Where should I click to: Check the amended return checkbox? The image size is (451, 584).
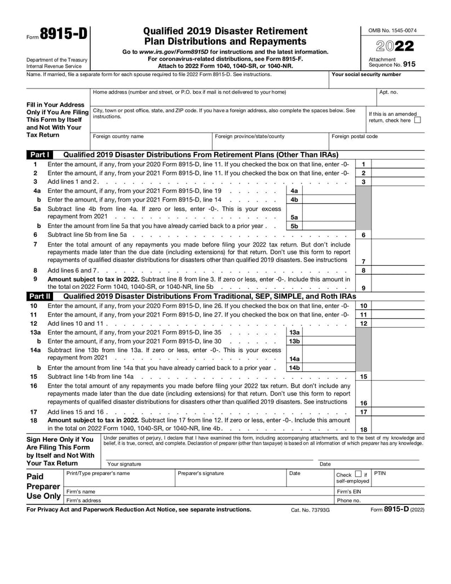pos(417,120)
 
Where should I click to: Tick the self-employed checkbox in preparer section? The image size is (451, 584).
pos(358,475)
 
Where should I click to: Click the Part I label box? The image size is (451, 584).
pos(39,155)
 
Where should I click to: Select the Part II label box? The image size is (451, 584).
pos(39,296)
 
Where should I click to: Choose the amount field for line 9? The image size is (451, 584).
pos(397,287)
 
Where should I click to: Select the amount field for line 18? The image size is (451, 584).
pos(397,429)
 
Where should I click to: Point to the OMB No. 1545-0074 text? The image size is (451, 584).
pos(392,30)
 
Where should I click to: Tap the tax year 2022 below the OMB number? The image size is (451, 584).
pos(392,46)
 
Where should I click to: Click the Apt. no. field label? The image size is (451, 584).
pos(388,92)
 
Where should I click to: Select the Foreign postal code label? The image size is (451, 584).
pos(355,137)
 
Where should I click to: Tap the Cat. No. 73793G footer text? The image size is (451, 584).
pos(310,510)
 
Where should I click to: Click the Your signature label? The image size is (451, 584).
pos(124,464)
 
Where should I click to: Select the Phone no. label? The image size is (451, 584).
pos(348,500)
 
